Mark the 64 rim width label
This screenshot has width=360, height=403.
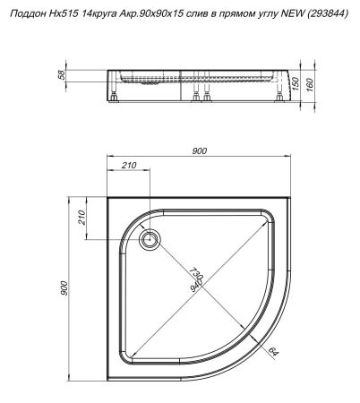click(x=274, y=353)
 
